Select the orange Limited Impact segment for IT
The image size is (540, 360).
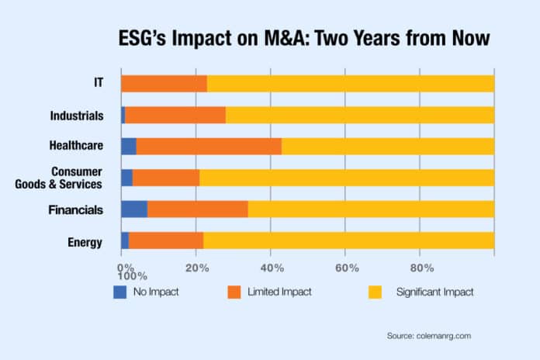(x=164, y=84)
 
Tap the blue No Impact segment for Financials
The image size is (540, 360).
(x=133, y=208)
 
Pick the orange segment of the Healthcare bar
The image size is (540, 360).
(x=209, y=146)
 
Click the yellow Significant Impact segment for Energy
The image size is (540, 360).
(x=348, y=241)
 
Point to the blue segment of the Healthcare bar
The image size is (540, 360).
(x=128, y=146)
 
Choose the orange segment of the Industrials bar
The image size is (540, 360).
(x=175, y=115)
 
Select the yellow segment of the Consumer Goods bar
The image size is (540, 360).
(x=347, y=177)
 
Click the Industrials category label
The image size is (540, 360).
(x=78, y=116)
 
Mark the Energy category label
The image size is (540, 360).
(x=85, y=242)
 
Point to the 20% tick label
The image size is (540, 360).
(x=197, y=268)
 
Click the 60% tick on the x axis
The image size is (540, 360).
(x=346, y=268)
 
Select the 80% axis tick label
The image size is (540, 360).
(x=421, y=268)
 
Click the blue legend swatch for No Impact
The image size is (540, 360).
(x=119, y=292)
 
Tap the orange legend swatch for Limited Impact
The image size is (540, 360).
(x=234, y=292)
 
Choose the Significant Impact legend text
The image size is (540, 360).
(x=434, y=292)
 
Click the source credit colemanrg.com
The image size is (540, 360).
(x=428, y=335)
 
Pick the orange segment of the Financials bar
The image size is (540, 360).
(x=197, y=208)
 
